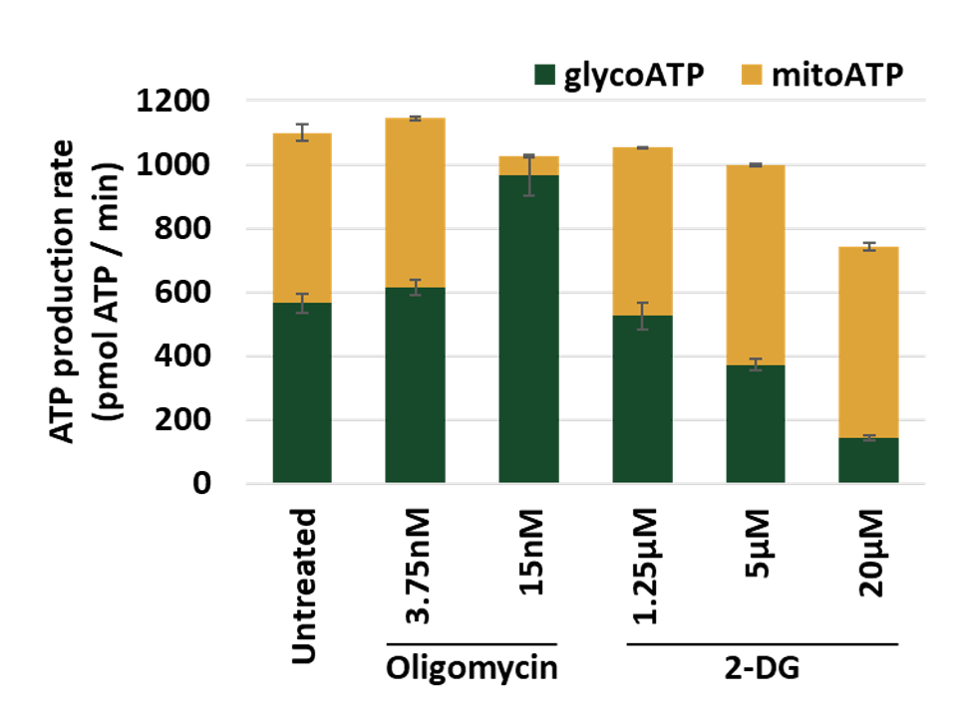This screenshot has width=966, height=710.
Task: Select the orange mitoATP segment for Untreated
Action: [302, 218]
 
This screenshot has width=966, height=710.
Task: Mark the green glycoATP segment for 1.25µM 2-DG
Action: [643, 399]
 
